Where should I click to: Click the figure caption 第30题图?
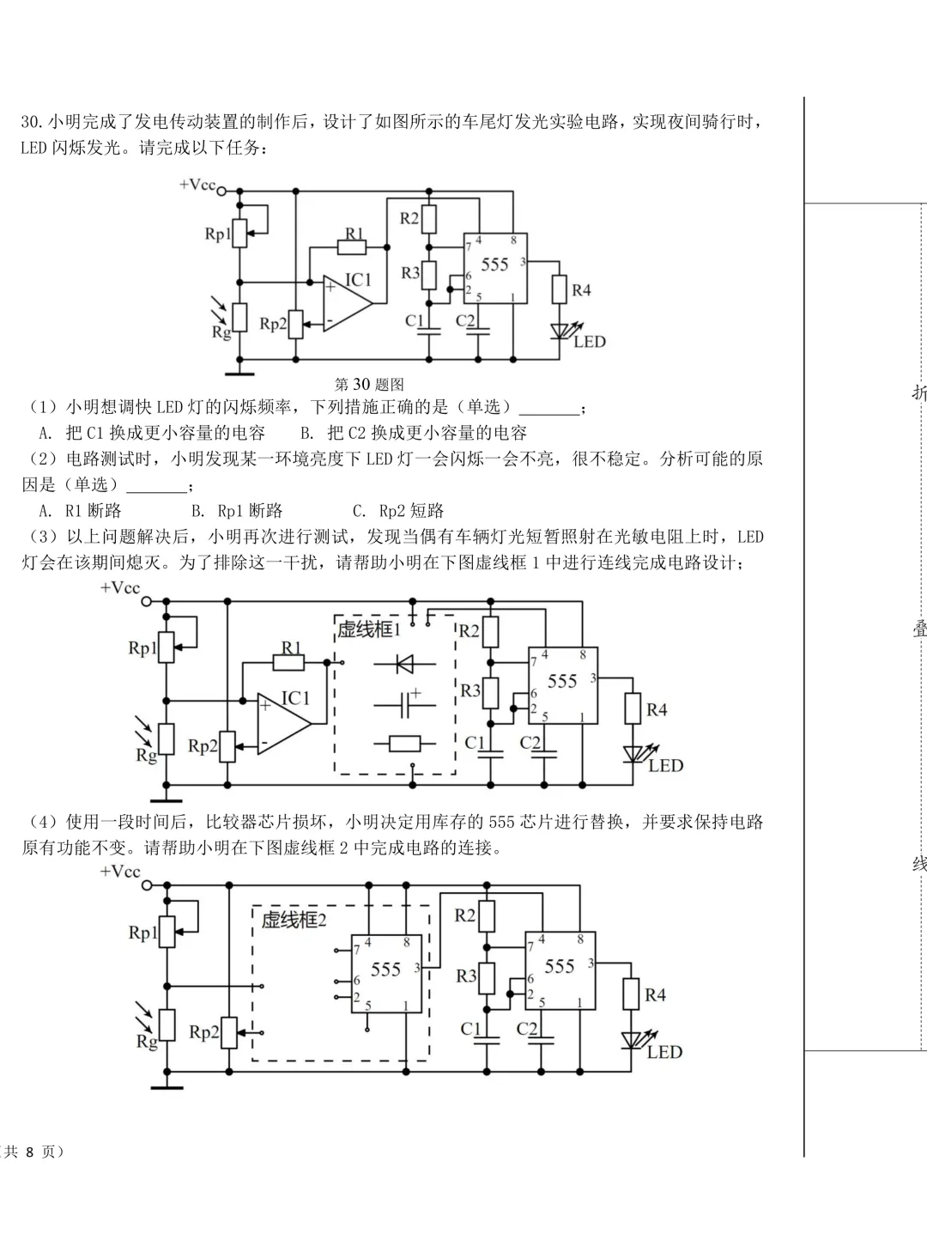pos(369,385)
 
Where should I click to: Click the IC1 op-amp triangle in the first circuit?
pos(346,303)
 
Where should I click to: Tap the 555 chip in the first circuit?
pos(495,267)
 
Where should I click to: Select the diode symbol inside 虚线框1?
pos(404,664)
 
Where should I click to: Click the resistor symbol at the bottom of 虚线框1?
pos(404,744)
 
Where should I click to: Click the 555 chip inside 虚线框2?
pos(386,974)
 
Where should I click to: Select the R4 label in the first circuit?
pos(581,291)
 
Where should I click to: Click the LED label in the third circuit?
pos(664,1053)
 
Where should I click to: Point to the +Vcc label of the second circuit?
pos(119,588)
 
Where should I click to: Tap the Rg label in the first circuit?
pos(221,332)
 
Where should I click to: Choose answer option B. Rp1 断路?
pos(237,511)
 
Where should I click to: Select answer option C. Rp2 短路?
pos(398,511)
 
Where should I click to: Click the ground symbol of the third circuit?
pos(167,1087)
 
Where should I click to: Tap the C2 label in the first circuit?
pos(465,321)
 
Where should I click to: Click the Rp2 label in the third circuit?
pos(203,1031)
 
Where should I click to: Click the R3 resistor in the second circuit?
pos(490,691)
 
